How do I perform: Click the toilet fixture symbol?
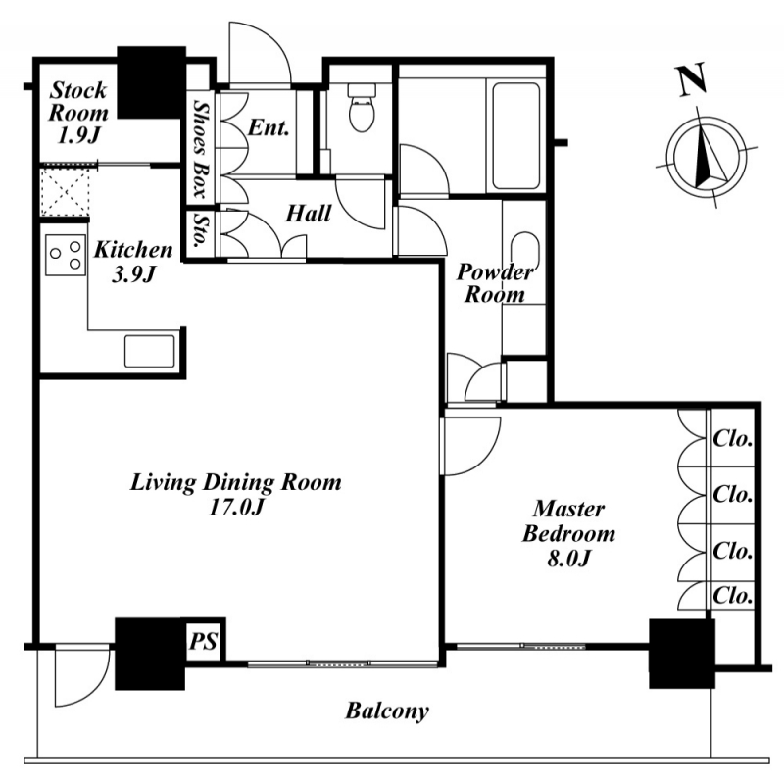pos(362,108)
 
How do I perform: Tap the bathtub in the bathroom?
pos(516,135)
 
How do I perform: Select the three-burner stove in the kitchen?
pos(64,255)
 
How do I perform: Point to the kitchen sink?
pos(150,352)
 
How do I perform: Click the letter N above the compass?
pos(693,79)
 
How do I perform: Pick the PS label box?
pos(203,641)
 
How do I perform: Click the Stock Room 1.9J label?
pos(78,113)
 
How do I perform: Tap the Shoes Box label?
pos(201,149)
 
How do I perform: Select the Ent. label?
pos(269,128)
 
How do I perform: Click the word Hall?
pos(309,214)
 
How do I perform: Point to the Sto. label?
pos(201,230)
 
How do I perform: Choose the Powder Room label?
pos(495,283)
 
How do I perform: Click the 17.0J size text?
pos(235,508)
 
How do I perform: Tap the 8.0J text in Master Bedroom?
pos(568,559)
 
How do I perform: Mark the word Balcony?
pos(387,710)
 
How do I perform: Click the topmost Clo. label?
pos(733,439)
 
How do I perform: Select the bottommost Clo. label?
pos(733,596)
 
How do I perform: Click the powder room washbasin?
pos(525,252)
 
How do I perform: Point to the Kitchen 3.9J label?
pos(133,262)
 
